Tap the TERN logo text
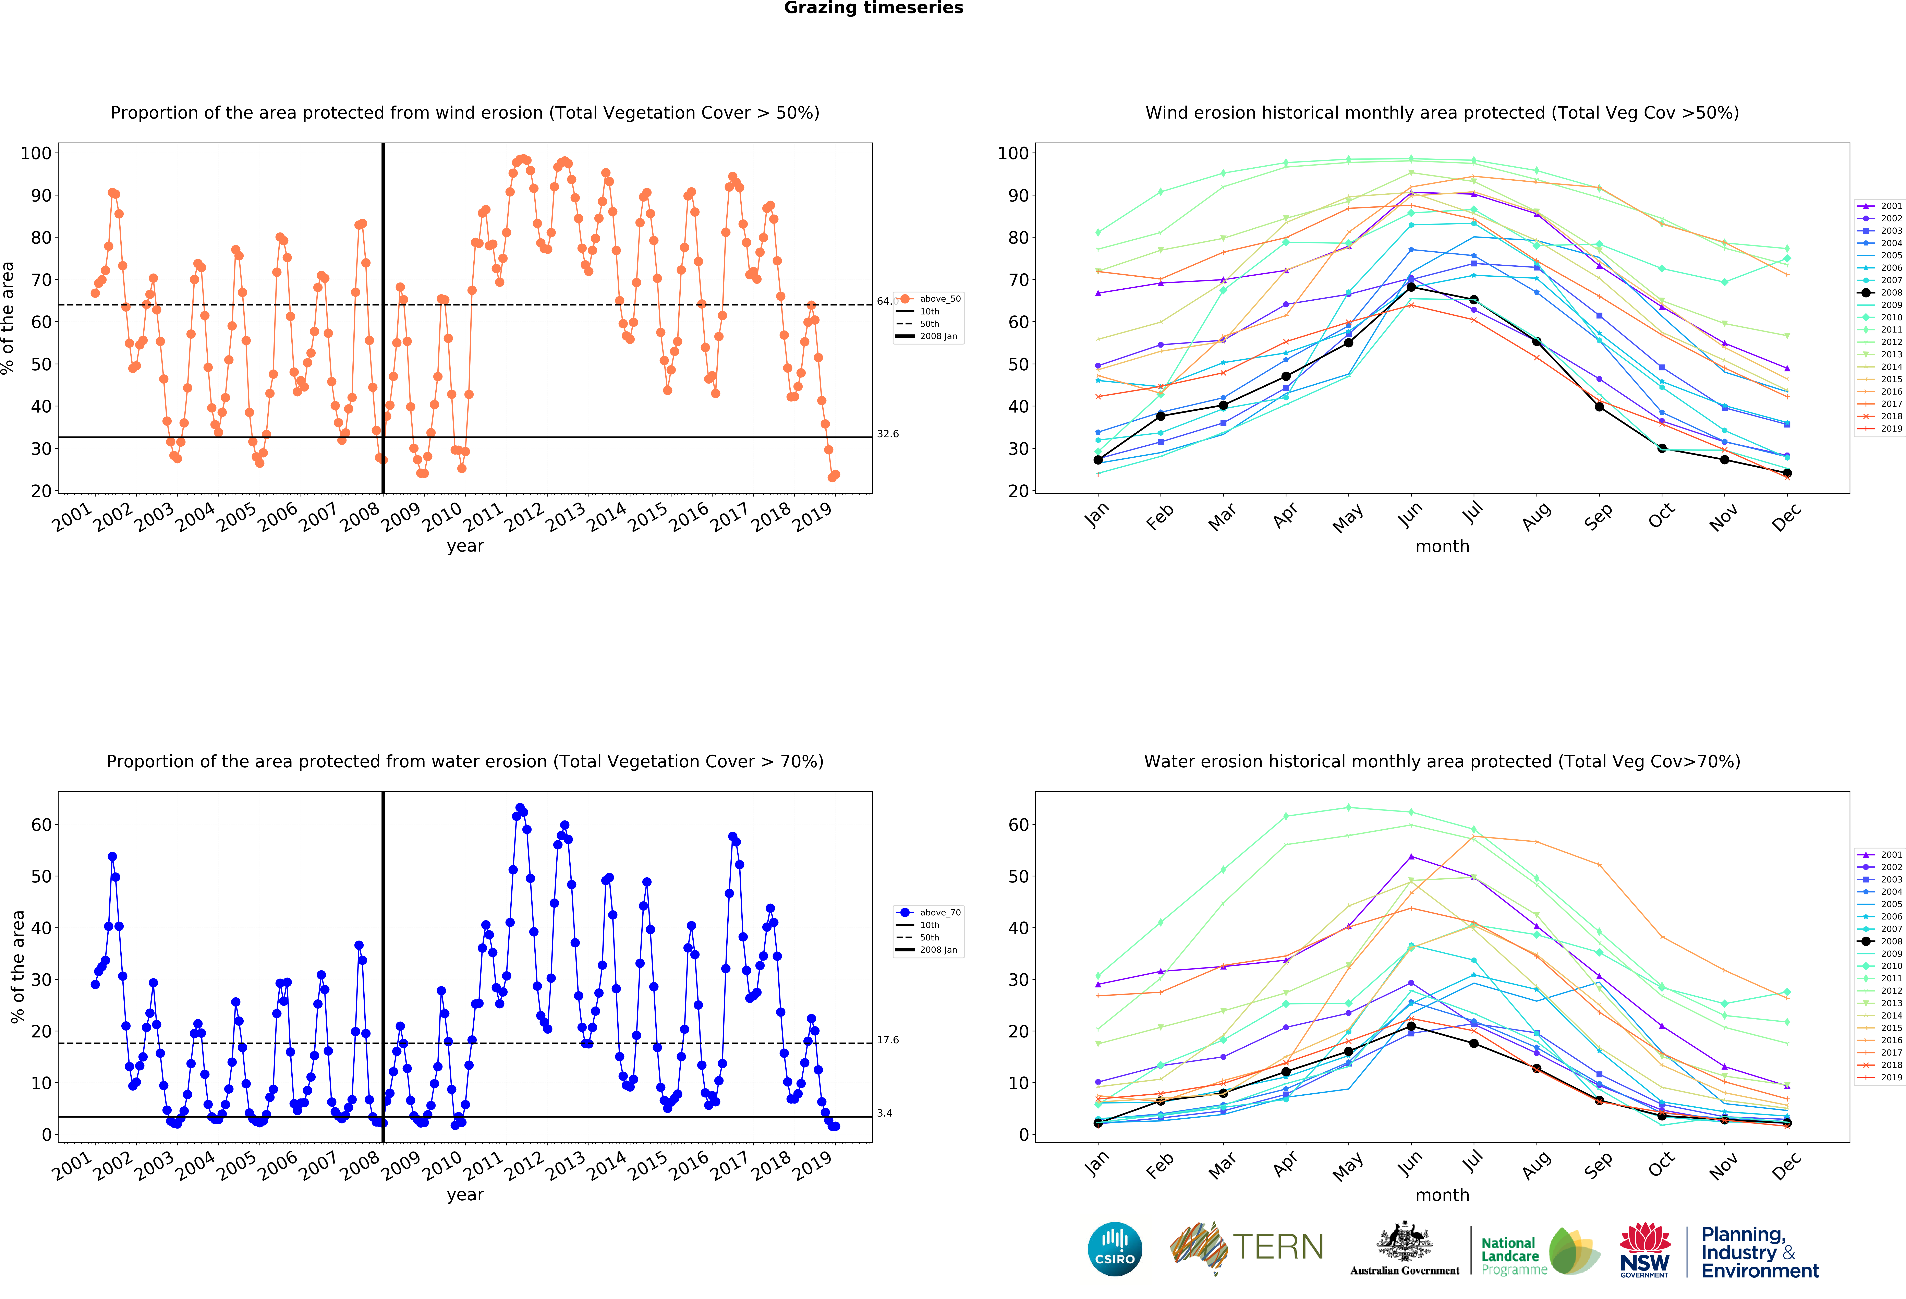coord(1278,1247)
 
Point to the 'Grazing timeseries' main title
coord(873,8)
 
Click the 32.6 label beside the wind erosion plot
coord(887,434)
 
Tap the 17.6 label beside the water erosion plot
coord(887,1040)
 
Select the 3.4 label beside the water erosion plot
coord(884,1113)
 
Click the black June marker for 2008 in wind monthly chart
coord(1411,287)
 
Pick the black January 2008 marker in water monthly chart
coord(1097,1123)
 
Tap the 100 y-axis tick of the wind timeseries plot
coord(36,153)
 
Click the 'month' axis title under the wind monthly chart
coord(1442,546)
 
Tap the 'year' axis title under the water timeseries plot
coord(465,1195)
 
